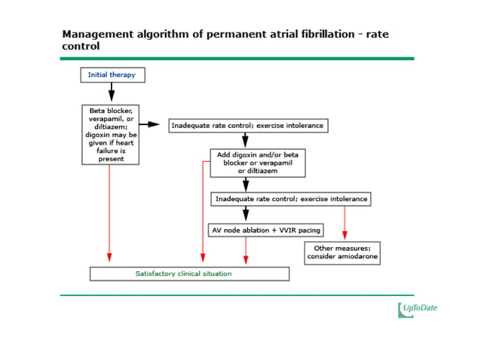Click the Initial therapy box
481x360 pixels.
click(x=112, y=75)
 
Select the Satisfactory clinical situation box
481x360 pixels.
click(x=188, y=273)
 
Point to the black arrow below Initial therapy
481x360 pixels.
click(x=112, y=92)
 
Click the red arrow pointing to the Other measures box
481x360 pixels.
click(x=345, y=222)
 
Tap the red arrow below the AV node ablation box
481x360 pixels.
click(x=246, y=250)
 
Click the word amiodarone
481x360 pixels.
click(x=357, y=257)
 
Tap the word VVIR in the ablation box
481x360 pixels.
click(x=265, y=229)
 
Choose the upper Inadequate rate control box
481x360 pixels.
click(x=248, y=125)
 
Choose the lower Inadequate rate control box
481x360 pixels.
click(x=292, y=199)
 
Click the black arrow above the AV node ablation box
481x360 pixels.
click(x=246, y=213)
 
